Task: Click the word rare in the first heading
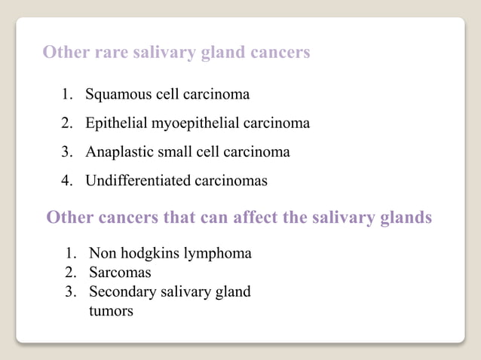coord(112,53)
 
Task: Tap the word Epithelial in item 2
coord(117,124)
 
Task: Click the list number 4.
coord(66,181)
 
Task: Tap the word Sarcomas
coord(120,272)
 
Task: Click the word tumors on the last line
coord(111,310)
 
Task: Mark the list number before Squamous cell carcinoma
coord(66,96)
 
